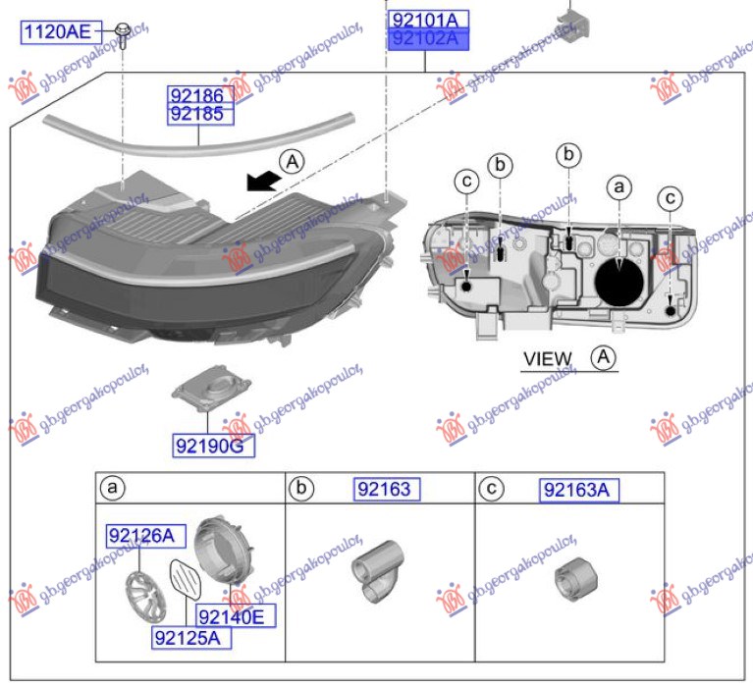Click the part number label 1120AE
click(56, 33)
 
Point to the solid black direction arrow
click(260, 181)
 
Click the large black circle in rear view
click(620, 279)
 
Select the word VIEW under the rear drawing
click(547, 359)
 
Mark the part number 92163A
click(579, 491)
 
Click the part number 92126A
click(139, 536)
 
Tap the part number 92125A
click(190, 638)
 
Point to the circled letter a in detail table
click(113, 487)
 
